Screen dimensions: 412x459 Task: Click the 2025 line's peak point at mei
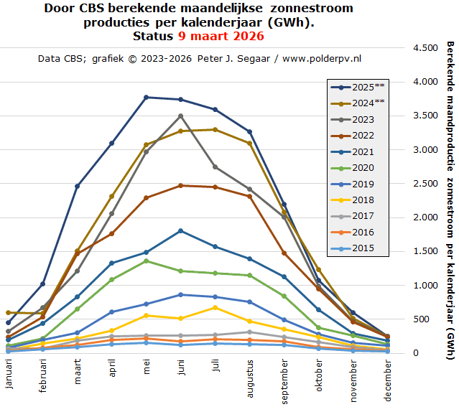pyautogui.click(x=146, y=97)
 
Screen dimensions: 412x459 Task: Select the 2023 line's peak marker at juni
pyautogui.click(x=180, y=116)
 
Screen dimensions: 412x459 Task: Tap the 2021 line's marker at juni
pyautogui.click(x=180, y=230)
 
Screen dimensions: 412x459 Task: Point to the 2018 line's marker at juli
pyautogui.click(x=215, y=307)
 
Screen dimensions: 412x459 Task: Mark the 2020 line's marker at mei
pyautogui.click(x=146, y=261)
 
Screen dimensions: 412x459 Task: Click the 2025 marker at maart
pyautogui.click(x=77, y=186)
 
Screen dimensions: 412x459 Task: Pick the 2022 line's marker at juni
pyautogui.click(x=180, y=185)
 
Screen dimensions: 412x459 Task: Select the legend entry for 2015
pyautogui.click(x=356, y=248)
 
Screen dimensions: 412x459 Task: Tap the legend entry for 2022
pyautogui.click(x=356, y=135)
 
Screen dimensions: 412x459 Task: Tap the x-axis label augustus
pyautogui.click(x=249, y=378)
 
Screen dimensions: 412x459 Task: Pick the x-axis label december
pyautogui.click(x=387, y=378)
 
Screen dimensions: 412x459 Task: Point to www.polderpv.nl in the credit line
pyautogui.click(x=322, y=57)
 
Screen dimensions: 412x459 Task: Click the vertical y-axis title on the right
pyautogui.click(x=450, y=194)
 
